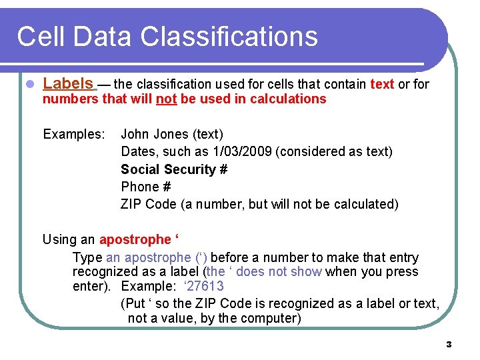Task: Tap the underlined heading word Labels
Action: (x=68, y=83)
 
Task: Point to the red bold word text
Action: (x=382, y=84)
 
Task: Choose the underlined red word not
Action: (x=166, y=99)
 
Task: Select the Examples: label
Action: (x=74, y=135)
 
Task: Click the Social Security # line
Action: (x=174, y=169)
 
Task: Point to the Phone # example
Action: (x=145, y=187)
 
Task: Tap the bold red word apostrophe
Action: (x=135, y=239)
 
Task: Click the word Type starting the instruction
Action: (x=87, y=257)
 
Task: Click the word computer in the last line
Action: (x=274, y=318)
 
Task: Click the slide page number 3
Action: (x=448, y=345)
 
